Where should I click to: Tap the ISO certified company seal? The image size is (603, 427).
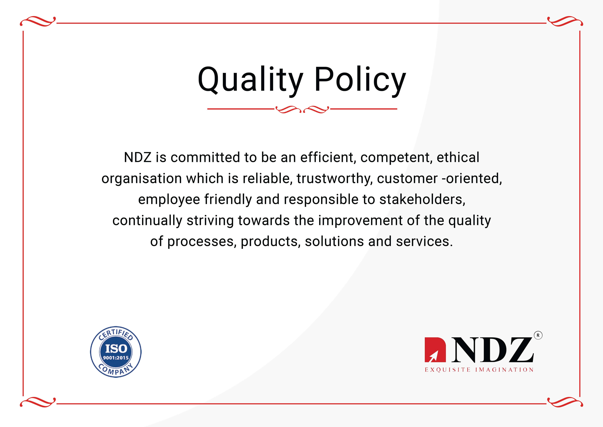pos(116,352)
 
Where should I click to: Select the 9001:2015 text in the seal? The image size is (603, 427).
pos(116,358)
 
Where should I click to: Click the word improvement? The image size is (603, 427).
pos(360,221)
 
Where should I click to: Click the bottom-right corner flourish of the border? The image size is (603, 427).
pos(565,402)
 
